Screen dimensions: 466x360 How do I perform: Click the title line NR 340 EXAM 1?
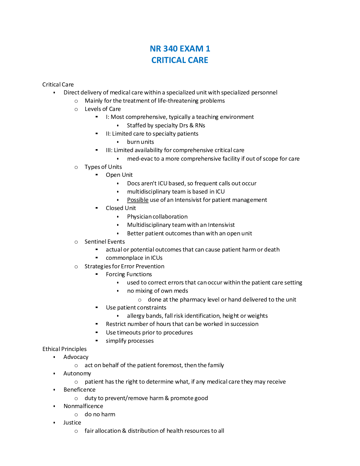pos(180,49)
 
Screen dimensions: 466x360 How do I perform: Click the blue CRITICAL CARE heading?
pos(180,60)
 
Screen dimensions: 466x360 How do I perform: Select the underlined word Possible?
pos(138,200)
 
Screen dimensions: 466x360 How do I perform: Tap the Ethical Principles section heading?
pos(64,349)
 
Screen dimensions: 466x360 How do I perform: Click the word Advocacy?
pos(76,357)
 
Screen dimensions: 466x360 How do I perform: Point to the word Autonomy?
pos(77,373)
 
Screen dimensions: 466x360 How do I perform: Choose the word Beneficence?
pos(79,390)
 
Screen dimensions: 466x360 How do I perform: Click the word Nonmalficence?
pos(83,406)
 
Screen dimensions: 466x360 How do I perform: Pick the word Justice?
pos(72,422)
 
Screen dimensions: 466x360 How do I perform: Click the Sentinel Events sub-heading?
pos(105,242)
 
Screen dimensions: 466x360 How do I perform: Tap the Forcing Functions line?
pos(129,274)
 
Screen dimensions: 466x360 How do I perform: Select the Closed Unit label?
pos(121,208)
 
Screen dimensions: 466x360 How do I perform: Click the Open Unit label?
pos(119,175)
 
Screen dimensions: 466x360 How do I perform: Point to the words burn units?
pos(140,142)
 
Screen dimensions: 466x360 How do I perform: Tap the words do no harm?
pos(100,414)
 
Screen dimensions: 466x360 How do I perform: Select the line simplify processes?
pos(130,341)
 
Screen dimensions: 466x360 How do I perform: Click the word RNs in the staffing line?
pos(200,125)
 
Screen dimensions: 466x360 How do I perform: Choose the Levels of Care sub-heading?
pos(103,109)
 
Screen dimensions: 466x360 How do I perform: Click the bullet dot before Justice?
pos(54,423)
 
